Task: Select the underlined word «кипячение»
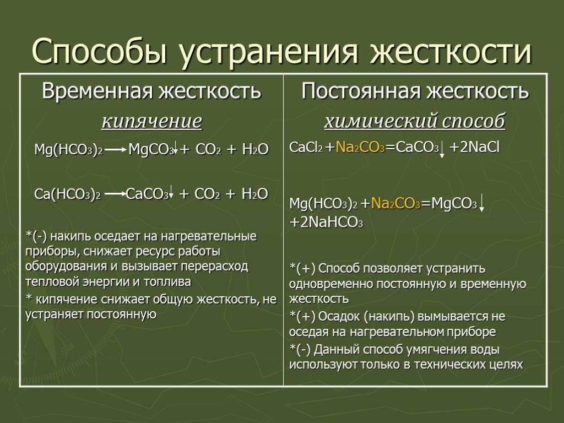[x=152, y=121]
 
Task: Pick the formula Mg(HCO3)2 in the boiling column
[x=69, y=150]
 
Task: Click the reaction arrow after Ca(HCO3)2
[x=115, y=193]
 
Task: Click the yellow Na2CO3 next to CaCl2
[x=360, y=148]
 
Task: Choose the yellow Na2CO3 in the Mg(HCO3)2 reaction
[x=395, y=204]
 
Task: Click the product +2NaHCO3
[x=326, y=223]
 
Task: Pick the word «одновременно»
[x=331, y=284]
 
